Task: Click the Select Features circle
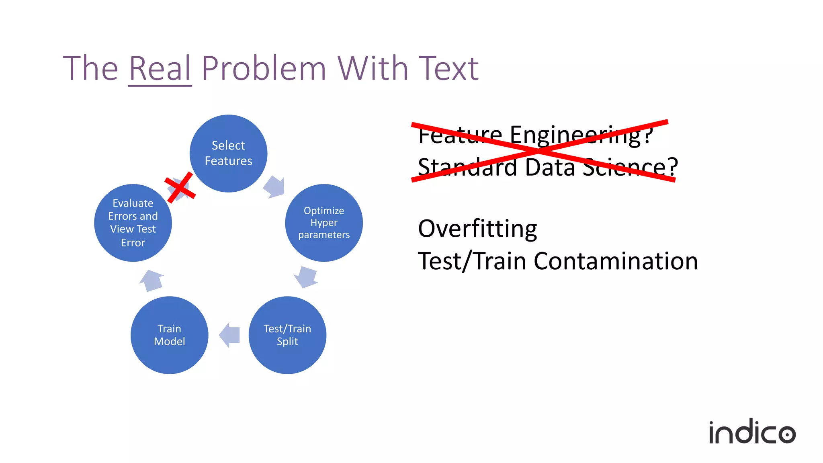click(x=228, y=153)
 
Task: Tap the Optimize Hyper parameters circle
click(x=324, y=223)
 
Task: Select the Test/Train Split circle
click(x=287, y=335)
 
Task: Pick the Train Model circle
click(x=169, y=335)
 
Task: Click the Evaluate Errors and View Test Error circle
click(x=133, y=223)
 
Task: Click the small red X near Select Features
click(x=180, y=187)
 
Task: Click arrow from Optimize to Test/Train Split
click(x=307, y=277)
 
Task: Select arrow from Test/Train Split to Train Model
click(x=230, y=335)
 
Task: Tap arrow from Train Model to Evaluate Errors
click(x=151, y=281)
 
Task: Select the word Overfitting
click(x=477, y=229)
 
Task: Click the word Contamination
click(x=616, y=261)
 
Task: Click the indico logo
click(x=752, y=432)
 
